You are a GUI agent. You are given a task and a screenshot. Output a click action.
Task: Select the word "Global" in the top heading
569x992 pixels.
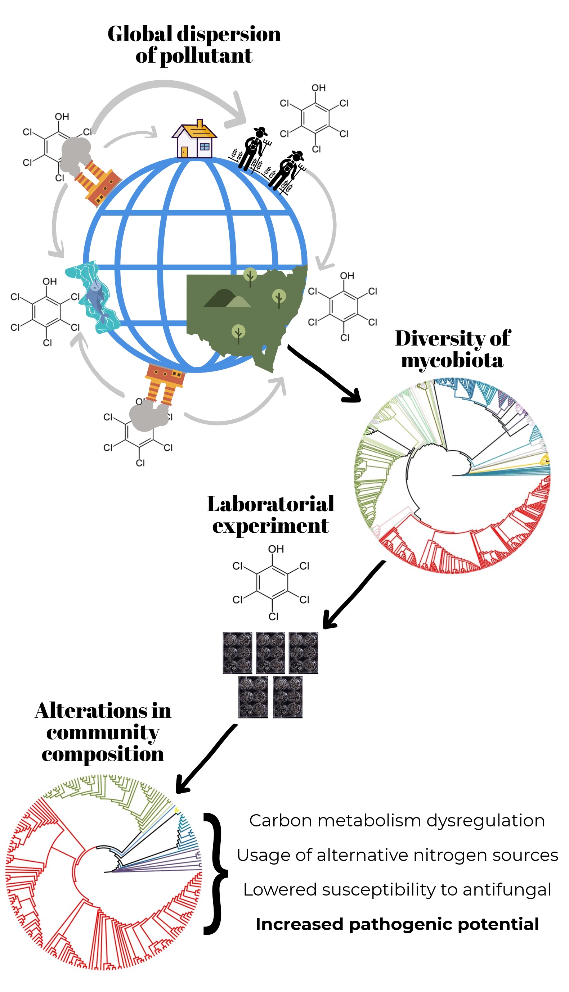(139, 34)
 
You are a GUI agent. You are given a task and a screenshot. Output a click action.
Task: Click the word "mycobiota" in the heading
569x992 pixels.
(452, 360)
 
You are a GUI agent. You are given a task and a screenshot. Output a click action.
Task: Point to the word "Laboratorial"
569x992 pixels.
(270, 504)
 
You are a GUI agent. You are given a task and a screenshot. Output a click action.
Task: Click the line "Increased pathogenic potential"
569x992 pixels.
(397, 924)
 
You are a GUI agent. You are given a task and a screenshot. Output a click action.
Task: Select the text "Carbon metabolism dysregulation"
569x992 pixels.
(397, 821)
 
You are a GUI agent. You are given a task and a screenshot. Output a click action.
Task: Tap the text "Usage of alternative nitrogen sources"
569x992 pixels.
(397, 855)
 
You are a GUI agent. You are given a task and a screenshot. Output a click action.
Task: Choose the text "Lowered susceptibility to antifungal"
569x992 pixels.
(397, 890)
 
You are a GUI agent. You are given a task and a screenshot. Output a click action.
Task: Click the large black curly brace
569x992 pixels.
(215, 873)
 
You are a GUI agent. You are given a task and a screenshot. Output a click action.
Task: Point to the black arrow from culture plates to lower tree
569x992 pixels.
(207, 758)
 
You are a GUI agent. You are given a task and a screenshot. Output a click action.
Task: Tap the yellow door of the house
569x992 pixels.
(184, 152)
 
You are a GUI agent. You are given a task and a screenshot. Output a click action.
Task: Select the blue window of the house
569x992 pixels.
(205, 147)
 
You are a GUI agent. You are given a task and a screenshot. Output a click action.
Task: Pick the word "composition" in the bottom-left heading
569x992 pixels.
(103, 754)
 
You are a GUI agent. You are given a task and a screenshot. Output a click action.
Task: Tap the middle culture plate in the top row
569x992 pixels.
(270, 653)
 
